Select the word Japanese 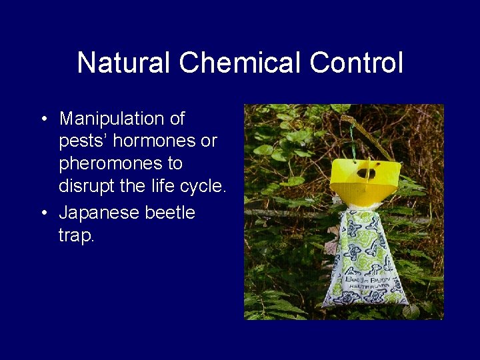[98, 213]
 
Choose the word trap [76, 235]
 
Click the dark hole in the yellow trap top [364, 173]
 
